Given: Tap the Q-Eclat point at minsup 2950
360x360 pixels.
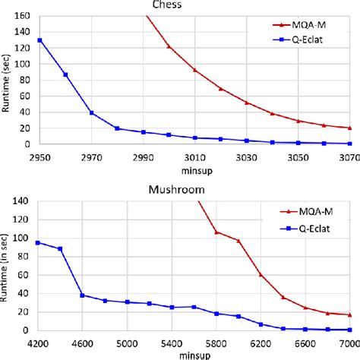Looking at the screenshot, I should tap(39, 40).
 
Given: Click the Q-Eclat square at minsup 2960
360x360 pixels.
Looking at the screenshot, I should tap(65, 74).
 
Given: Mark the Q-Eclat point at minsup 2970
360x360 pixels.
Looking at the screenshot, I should tap(91, 112).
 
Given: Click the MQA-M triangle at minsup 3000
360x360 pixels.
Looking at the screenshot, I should tap(169, 47).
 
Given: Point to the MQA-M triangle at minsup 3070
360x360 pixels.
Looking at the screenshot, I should tap(349, 128).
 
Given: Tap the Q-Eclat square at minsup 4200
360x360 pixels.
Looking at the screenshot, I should tap(38, 243).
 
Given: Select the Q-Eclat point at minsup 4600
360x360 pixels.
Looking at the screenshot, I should tap(83, 295).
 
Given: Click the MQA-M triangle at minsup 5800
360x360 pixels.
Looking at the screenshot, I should tap(216, 232).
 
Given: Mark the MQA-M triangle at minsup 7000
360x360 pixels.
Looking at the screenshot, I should tap(349, 314).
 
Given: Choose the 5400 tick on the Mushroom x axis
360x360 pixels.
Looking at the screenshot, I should tap(172, 342).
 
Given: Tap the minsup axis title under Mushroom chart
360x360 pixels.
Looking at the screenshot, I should tap(193, 354).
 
